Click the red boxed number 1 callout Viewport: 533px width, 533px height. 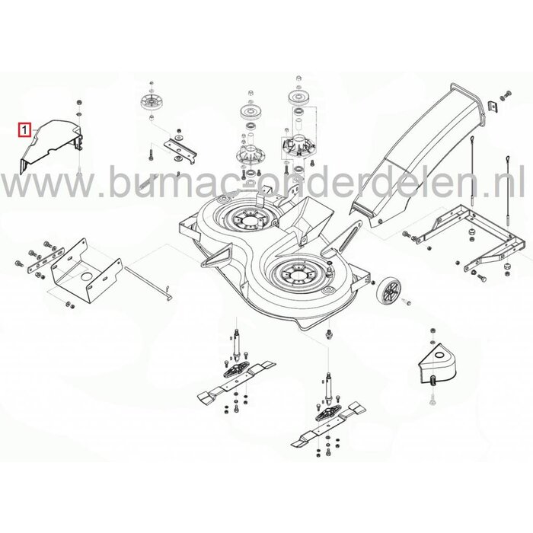click(x=27, y=130)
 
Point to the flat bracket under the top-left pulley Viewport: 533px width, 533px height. click(x=180, y=145)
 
